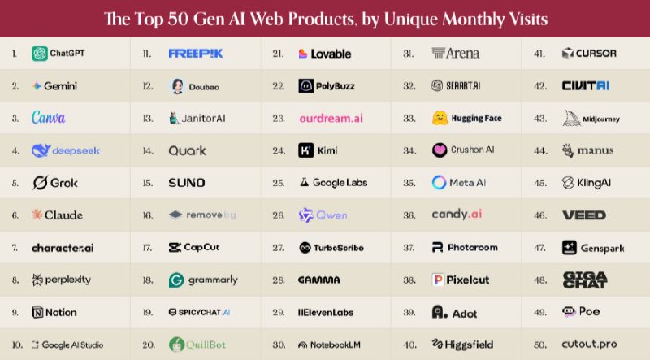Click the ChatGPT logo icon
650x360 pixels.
(39, 54)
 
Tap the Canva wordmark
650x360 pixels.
(48, 118)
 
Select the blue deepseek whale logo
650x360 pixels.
(41, 150)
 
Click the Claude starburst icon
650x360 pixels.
(37, 215)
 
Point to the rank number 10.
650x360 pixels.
(16, 345)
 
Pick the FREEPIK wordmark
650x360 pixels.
(195, 54)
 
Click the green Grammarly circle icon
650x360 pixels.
(176, 280)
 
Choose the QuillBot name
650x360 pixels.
(210, 345)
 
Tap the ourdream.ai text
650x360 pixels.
(331, 118)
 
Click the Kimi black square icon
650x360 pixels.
(306, 150)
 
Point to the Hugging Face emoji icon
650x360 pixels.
(440, 118)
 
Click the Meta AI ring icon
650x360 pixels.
(440, 183)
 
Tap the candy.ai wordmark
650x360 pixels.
(457, 215)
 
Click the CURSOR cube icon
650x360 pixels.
(568, 54)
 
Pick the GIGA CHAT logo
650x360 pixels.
(584, 280)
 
